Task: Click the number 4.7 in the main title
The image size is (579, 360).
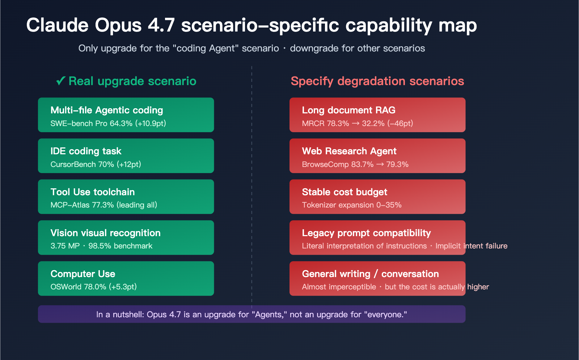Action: point(161,25)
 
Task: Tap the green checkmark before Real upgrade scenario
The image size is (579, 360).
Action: point(60,81)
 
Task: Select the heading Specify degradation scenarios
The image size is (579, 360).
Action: point(377,81)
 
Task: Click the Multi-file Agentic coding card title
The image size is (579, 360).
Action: point(107,110)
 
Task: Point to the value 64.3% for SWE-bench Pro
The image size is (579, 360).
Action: point(121,124)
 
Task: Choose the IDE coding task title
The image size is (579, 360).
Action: point(86,151)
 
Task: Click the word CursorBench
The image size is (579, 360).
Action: point(73,164)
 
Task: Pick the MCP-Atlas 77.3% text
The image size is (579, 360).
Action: point(82,205)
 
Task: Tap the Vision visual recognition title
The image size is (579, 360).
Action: point(105,233)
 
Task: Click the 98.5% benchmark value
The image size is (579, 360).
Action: point(100,246)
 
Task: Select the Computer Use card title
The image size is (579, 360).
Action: point(83,274)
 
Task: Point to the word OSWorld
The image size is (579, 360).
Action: point(66,287)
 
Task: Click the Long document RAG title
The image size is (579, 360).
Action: point(348,110)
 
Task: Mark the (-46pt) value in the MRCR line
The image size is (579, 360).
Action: point(400,124)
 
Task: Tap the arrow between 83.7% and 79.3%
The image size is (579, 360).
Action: point(380,164)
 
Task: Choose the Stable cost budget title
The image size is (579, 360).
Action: point(345,192)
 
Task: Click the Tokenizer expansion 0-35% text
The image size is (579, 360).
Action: point(352,205)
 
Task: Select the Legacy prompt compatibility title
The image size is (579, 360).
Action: point(366,233)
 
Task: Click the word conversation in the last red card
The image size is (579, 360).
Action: point(410,274)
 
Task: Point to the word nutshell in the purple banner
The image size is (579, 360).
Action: point(128,314)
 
